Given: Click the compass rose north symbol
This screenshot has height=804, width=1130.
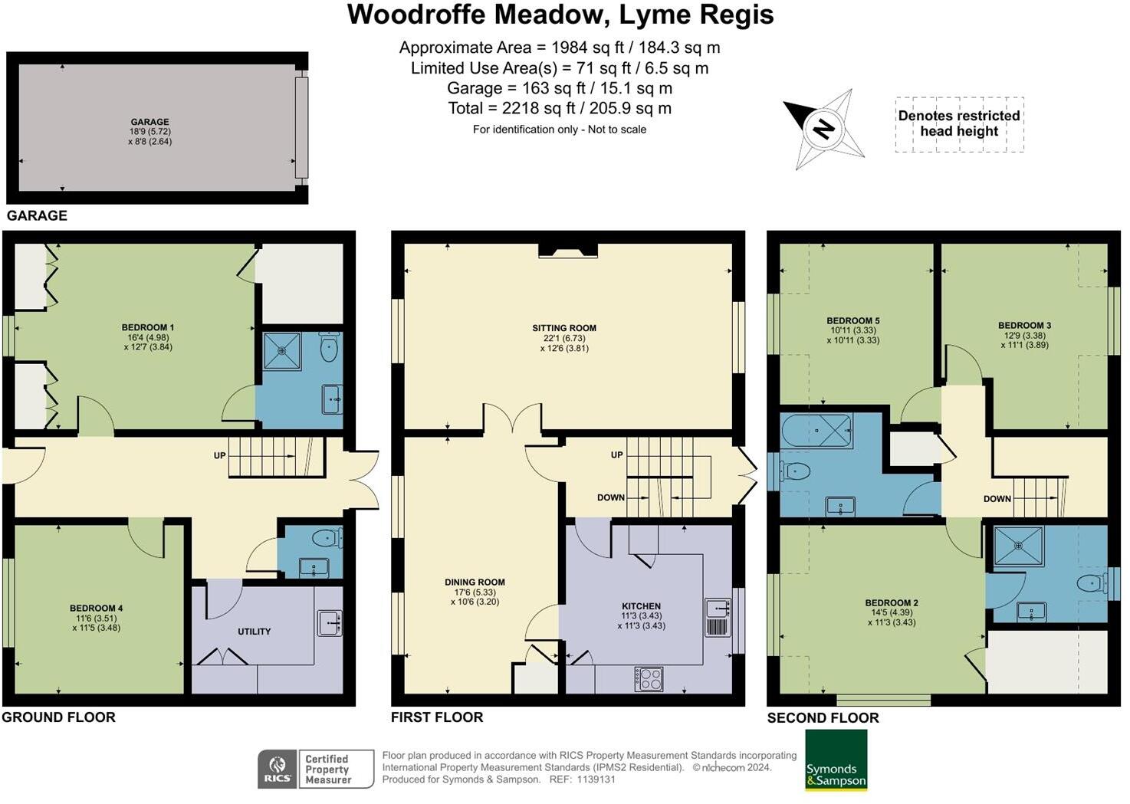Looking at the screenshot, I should pos(823,128).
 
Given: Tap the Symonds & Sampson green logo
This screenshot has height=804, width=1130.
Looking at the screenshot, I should pos(836,760).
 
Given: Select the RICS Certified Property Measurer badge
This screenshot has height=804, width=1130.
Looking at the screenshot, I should pos(315,769).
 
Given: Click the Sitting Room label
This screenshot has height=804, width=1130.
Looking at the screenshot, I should pos(564,328).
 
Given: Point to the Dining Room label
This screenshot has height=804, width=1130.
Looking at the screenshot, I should pos(475,582).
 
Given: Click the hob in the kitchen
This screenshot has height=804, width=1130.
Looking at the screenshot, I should pos(649,679).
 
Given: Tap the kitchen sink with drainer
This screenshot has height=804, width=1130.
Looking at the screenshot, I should pos(718,617).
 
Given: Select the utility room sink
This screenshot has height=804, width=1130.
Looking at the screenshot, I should pos(330,622).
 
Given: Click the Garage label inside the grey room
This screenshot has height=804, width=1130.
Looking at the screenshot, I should pos(149,122).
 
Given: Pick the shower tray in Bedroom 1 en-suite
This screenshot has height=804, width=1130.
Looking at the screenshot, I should pos(283,351).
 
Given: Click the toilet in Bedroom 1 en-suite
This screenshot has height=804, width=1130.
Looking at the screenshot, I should pos(330,349).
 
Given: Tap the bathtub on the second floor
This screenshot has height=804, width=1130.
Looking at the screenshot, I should pos(816,431).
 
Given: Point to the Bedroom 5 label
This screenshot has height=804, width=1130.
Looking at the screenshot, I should pos(852,321).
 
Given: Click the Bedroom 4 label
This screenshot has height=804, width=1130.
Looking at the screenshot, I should pos(97,609).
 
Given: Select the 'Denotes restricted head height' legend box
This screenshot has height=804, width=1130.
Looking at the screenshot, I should pos(959,124).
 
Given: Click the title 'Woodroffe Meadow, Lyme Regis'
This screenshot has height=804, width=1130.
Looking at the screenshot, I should pos(560,15).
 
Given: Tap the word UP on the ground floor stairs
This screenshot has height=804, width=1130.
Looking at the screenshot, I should pos(220,456).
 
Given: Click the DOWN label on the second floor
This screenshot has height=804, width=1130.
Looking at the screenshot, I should pos(997,499).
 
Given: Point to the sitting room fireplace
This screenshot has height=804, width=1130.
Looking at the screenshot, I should pos(567,250).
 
